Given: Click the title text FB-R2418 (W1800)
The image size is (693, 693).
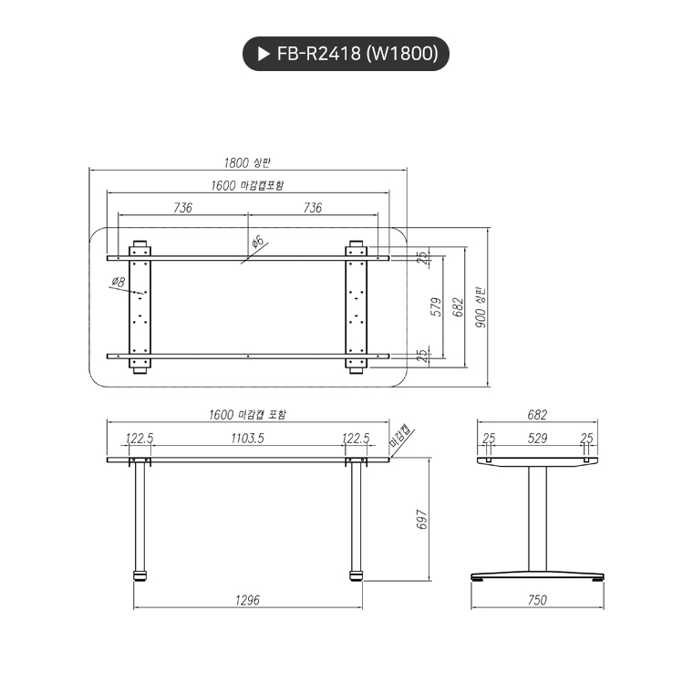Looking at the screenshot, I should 357,54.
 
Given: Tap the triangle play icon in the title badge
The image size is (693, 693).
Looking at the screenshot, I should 264,55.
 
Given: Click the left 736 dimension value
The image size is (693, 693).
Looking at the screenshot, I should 182,208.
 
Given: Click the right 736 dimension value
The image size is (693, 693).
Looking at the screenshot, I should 312,208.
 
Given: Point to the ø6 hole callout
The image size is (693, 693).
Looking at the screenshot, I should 257,242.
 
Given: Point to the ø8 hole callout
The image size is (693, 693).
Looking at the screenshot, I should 118,283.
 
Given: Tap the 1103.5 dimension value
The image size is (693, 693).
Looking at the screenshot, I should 247,439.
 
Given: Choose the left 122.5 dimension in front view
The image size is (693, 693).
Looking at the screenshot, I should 139,439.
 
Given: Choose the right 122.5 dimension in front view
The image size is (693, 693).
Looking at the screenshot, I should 356,439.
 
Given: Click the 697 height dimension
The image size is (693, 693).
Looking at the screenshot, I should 420,520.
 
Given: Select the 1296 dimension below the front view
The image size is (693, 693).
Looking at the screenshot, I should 247,600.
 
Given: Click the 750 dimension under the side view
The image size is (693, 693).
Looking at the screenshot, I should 537,600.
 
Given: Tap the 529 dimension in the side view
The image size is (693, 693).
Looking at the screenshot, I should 537,439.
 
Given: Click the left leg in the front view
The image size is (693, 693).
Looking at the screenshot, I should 140,520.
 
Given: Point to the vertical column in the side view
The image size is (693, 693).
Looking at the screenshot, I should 537,520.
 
